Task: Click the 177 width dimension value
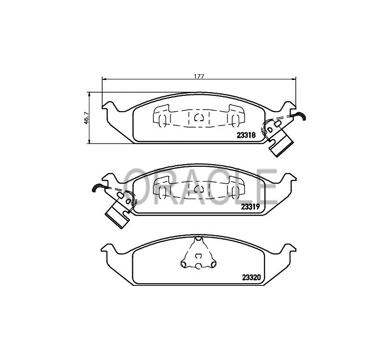point(199,76)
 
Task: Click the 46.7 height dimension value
point(86,118)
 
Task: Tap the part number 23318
point(246,136)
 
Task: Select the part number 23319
point(250,207)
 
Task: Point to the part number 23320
point(251,277)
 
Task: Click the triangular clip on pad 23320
point(198,253)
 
